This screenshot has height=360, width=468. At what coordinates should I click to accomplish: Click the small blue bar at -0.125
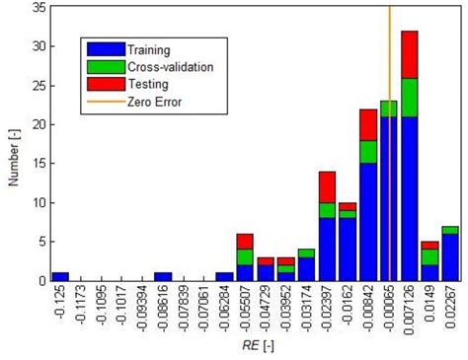[x=60, y=276]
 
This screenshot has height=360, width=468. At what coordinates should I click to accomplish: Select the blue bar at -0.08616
[x=163, y=276]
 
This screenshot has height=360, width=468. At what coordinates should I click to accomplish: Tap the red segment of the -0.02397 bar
[x=327, y=186]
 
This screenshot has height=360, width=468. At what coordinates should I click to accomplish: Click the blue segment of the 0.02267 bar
[x=450, y=256]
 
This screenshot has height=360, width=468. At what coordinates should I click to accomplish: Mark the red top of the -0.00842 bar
[x=368, y=124]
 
